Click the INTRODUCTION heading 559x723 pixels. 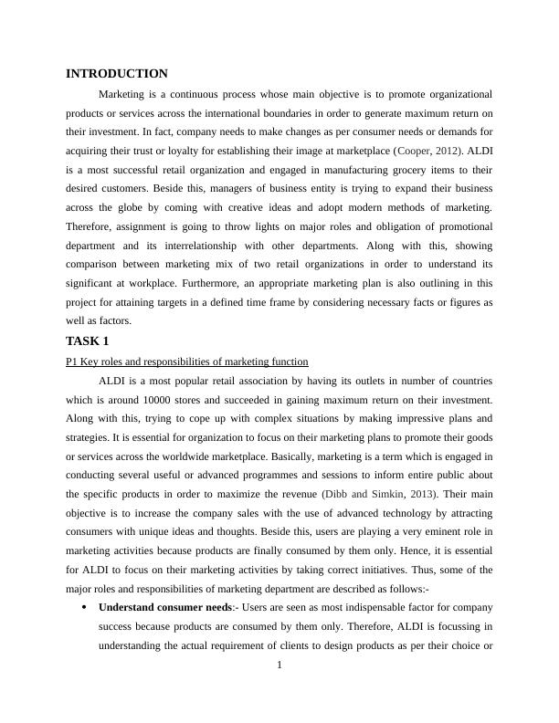pos(117,74)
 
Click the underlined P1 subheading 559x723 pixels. pos(187,361)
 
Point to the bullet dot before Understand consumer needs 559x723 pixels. pos(84,607)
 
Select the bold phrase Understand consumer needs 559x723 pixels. pos(165,607)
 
